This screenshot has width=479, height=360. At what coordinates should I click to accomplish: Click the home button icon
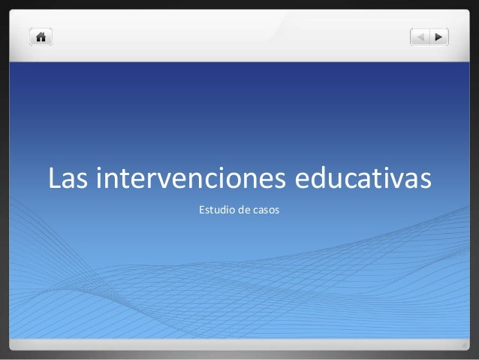pos(40,36)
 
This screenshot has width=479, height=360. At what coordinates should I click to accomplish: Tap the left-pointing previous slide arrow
pos(420,36)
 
